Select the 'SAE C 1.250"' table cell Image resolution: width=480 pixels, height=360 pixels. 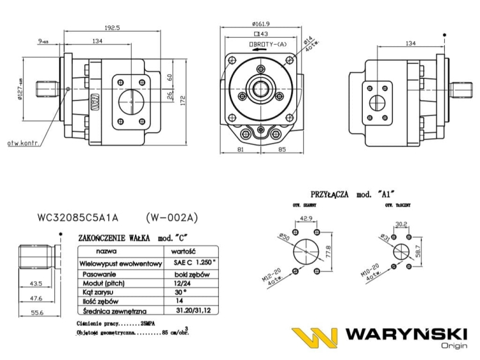(191, 263)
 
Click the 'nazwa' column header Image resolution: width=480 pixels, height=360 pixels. (106, 252)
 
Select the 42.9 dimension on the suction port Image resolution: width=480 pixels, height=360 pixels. (307, 219)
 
